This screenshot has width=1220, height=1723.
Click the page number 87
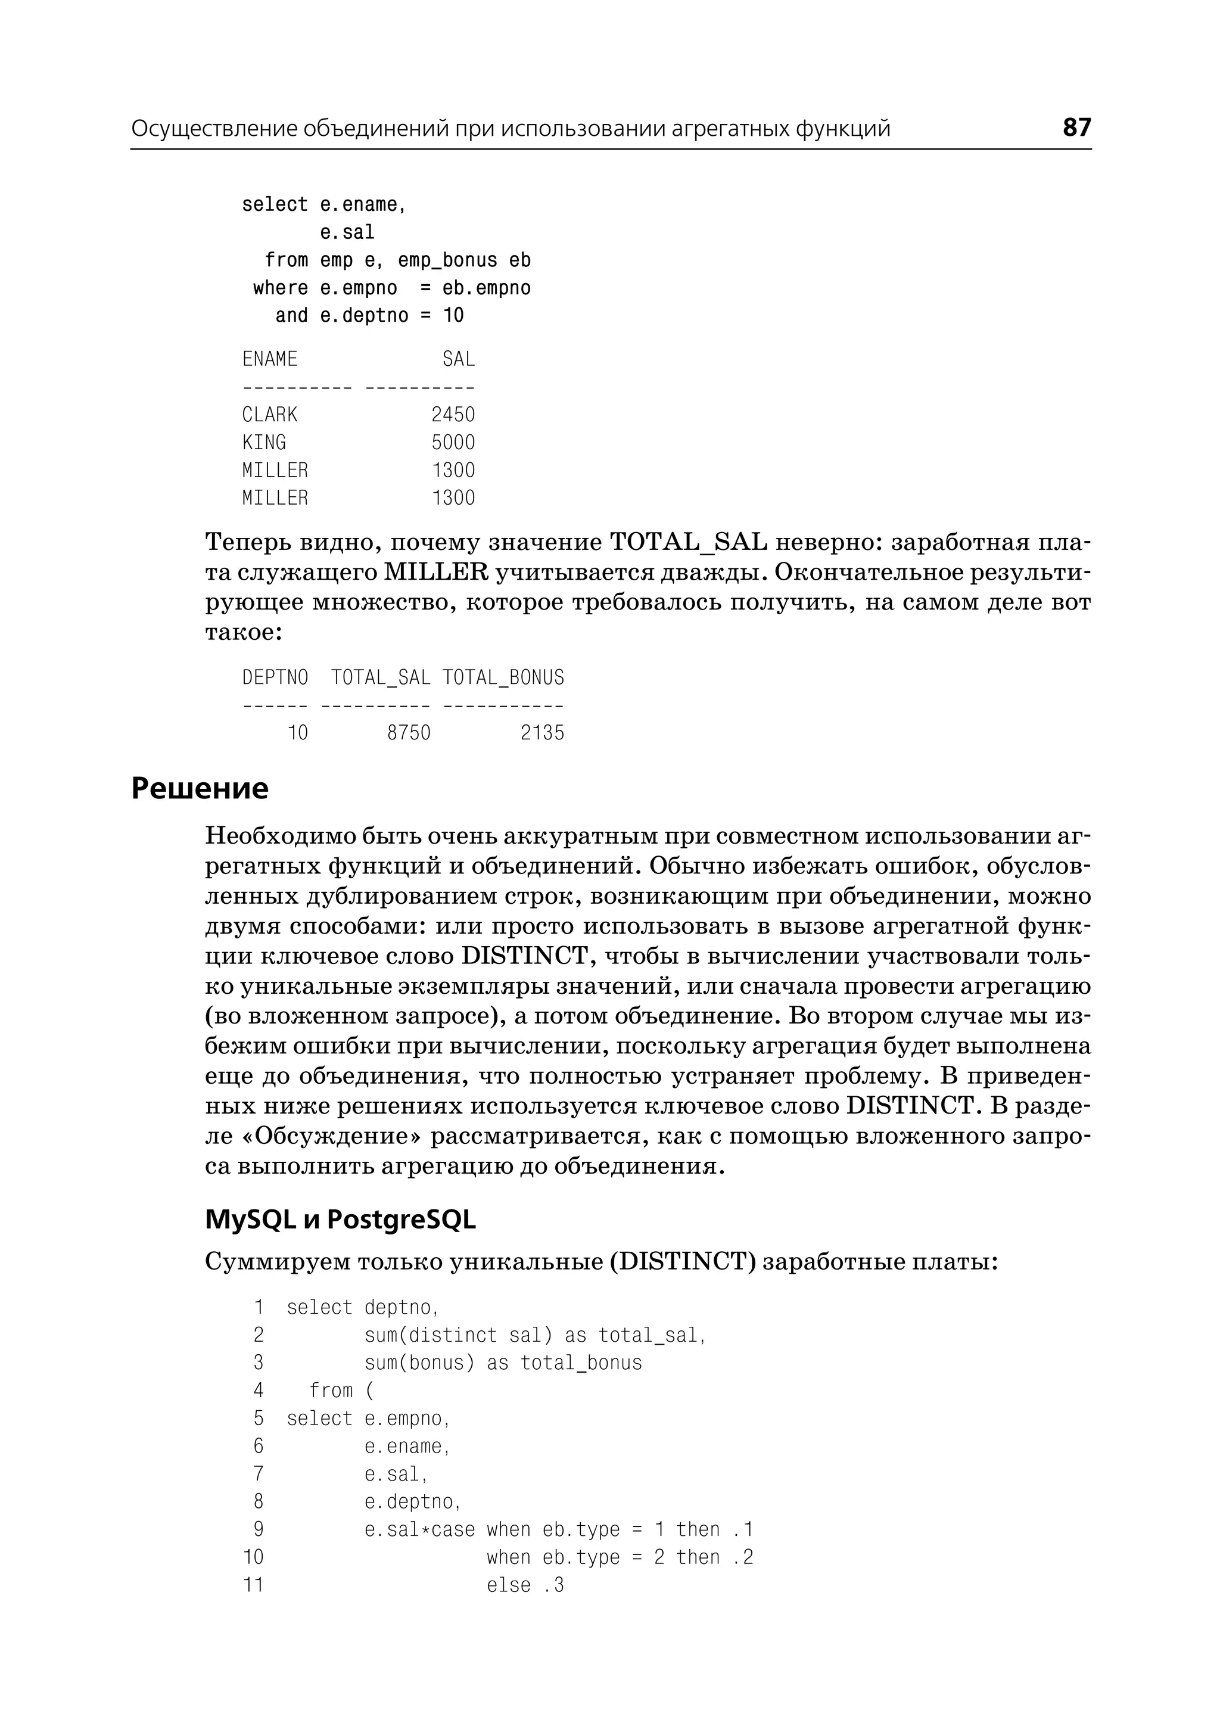pos(1076,127)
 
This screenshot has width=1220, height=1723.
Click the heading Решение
pos(200,788)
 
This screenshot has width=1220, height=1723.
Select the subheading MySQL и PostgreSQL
pos(340,1220)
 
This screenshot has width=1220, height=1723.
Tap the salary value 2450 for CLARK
pos(453,414)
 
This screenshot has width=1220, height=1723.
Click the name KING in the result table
pos(264,442)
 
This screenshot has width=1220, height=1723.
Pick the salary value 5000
pos(453,442)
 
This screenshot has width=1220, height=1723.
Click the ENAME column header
pos(270,359)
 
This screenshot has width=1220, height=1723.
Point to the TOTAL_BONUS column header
pos(503,678)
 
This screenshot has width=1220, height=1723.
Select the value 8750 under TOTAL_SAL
pos(409,733)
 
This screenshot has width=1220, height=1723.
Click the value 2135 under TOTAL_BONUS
pos(543,733)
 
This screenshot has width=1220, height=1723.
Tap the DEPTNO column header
pos(275,678)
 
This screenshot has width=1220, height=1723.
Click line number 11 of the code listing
pos(254,1585)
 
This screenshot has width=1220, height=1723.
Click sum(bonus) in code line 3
pos(420,1363)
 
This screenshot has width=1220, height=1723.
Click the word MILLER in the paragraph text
pos(435,572)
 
